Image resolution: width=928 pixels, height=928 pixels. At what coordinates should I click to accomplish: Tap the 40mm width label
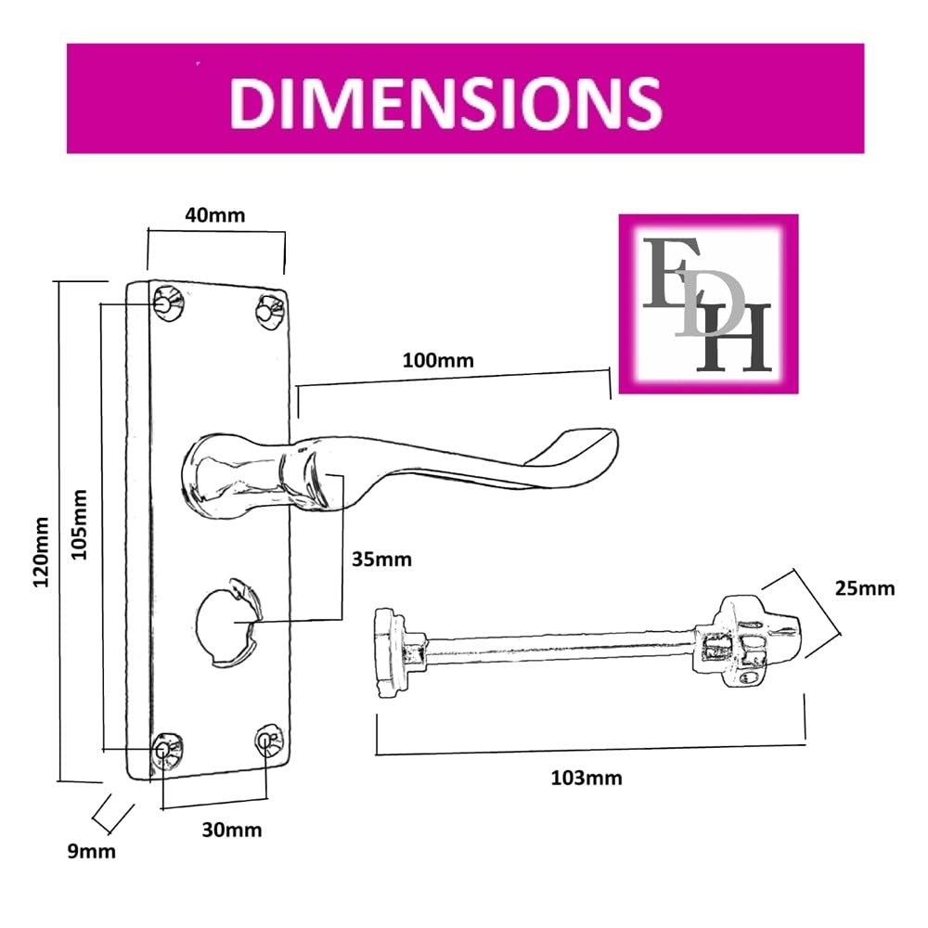(215, 215)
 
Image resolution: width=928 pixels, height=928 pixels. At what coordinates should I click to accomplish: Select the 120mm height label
(41, 551)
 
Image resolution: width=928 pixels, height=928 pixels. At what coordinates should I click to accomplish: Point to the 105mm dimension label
(79, 523)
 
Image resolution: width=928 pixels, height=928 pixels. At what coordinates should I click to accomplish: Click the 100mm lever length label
(438, 360)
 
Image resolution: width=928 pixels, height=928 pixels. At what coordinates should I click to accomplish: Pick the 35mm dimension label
(381, 560)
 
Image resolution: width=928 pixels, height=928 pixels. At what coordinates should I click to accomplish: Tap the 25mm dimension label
(865, 588)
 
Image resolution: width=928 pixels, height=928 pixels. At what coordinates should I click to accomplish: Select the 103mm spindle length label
(586, 778)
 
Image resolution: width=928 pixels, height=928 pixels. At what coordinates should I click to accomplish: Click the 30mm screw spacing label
(232, 830)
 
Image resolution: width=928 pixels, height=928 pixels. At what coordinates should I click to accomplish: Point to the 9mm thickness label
(91, 852)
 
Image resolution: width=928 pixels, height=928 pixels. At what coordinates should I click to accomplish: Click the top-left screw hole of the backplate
(169, 303)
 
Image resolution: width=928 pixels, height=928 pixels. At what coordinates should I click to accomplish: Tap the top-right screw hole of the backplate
(271, 310)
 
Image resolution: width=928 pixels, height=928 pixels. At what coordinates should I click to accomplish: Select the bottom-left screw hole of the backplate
(167, 750)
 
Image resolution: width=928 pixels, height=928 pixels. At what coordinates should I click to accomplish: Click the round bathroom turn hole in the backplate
(228, 621)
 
